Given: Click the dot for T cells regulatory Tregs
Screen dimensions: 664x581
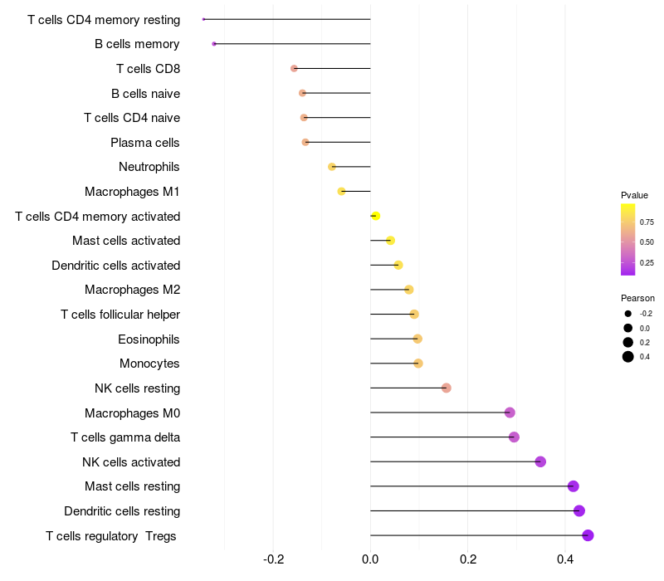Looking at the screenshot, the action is [x=588, y=535].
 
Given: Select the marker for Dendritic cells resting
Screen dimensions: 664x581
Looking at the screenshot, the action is [x=579, y=510].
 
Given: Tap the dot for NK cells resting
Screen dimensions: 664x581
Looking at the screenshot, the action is [x=446, y=388].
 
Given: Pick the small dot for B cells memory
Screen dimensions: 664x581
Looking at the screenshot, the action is [x=214, y=44].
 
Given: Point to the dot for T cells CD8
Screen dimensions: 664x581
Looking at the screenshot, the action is [x=294, y=69].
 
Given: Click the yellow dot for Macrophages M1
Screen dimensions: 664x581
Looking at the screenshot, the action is [x=341, y=192].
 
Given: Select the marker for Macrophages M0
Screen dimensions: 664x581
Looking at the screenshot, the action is [x=510, y=413].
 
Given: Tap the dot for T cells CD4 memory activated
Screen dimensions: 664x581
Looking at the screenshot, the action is [x=376, y=216].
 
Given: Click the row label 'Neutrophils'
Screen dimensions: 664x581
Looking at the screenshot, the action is [x=149, y=167].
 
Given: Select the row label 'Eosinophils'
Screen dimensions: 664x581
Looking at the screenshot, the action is [x=149, y=339].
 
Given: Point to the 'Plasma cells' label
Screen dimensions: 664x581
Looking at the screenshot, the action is [x=144, y=143].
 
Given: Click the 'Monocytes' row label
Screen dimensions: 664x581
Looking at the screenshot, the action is [x=149, y=364].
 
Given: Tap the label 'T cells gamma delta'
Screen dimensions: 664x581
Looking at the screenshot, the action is [x=125, y=437].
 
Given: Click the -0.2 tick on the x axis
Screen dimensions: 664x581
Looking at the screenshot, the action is [x=274, y=559].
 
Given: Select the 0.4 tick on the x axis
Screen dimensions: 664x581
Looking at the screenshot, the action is [x=565, y=559].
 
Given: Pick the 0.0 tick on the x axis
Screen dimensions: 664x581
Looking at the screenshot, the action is [x=370, y=559].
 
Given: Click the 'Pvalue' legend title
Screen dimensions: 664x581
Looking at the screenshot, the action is [x=634, y=195].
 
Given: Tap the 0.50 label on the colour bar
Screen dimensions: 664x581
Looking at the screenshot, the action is [x=647, y=242].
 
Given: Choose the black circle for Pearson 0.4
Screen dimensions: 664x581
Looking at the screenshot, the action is [x=628, y=357].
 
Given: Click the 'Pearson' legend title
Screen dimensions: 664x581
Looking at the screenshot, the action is [x=637, y=298].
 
